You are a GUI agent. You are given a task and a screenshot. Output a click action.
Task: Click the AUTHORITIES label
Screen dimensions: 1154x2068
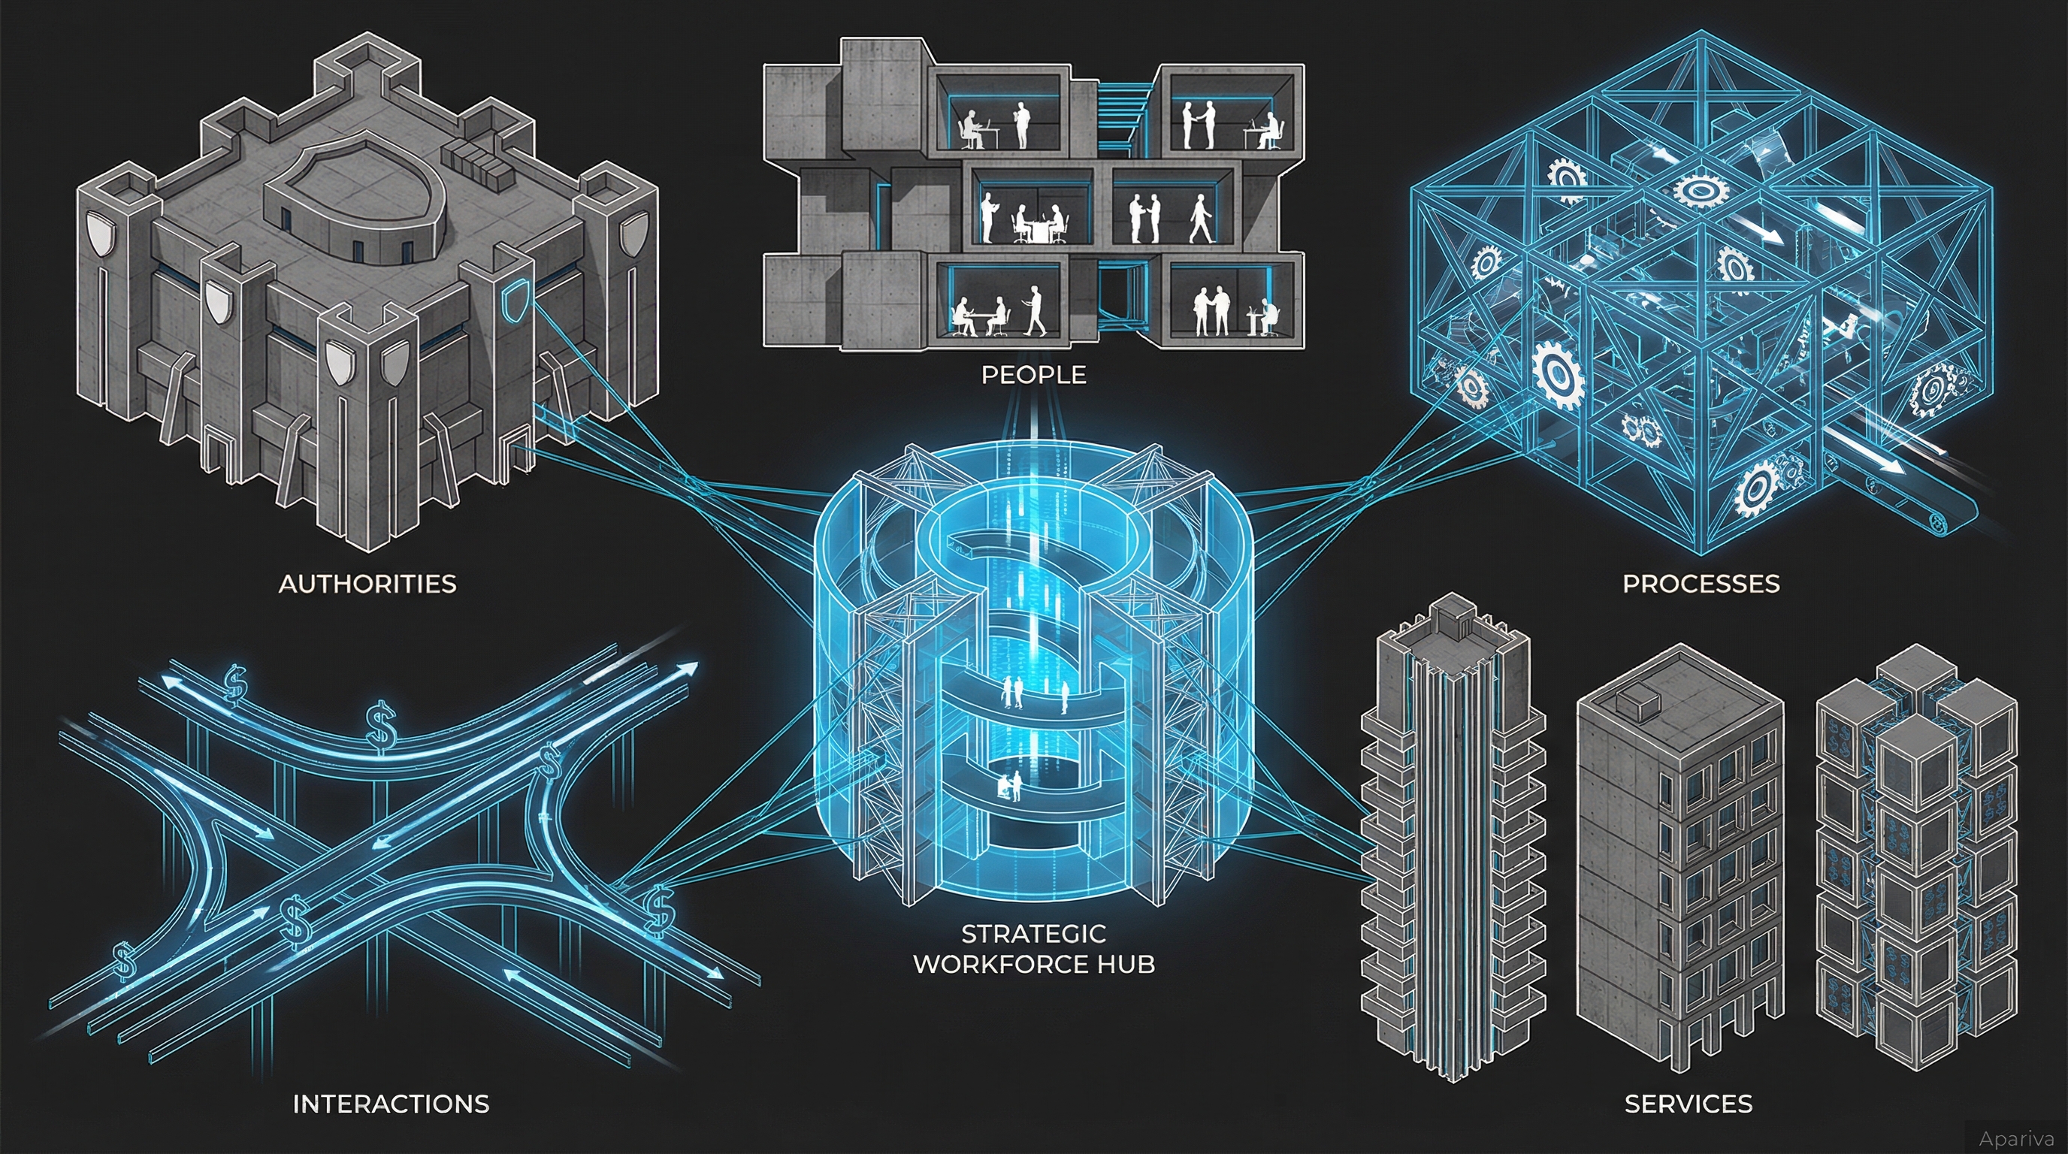367,584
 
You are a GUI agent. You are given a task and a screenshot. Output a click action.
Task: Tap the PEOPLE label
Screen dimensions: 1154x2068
1033,375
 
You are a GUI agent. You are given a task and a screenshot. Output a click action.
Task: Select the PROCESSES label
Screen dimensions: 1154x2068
1701,584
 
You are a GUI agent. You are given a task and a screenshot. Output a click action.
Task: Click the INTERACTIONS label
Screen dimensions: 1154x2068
390,1104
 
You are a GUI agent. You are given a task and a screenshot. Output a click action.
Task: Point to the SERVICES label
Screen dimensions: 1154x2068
1689,1104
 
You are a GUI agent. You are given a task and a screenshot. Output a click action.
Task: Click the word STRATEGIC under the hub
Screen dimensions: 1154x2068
1033,933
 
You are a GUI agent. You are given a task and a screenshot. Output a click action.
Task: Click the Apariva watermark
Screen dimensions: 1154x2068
2014,1138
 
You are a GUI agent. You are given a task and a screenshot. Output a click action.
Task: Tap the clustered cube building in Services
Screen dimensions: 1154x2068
1915,859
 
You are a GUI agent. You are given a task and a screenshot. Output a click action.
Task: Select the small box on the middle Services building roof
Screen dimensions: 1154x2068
1637,703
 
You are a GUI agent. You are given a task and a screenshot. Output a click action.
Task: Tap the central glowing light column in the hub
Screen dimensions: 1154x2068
1034,642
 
